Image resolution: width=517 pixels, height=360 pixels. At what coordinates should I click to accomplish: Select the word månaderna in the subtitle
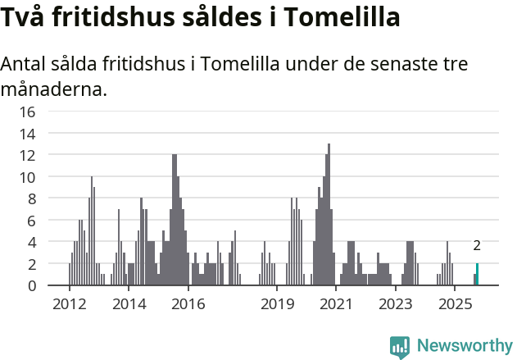tap(54, 89)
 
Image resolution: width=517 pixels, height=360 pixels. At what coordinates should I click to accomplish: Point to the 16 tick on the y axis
tap(27, 112)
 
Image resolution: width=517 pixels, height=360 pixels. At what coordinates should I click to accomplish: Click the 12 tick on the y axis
tap(27, 155)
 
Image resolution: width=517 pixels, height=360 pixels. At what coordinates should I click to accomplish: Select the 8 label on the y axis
tap(31, 198)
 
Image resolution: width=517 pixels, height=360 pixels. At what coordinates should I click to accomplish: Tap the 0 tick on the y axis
tap(31, 285)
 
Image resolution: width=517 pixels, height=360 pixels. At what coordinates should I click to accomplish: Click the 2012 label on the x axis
tap(70, 304)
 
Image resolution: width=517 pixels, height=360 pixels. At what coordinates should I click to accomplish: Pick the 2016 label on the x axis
tap(188, 304)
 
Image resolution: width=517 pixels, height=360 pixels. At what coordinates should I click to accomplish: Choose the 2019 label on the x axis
tap(277, 304)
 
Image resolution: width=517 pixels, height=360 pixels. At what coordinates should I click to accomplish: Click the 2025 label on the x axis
tap(454, 304)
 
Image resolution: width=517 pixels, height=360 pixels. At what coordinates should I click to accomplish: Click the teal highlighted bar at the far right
tap(478, 275)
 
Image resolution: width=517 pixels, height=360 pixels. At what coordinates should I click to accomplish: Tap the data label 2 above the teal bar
tap(477, 246)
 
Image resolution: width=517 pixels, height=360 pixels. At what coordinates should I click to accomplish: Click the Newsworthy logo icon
tap(400, 346)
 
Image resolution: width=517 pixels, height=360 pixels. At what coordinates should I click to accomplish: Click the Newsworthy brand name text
tap(464, 346)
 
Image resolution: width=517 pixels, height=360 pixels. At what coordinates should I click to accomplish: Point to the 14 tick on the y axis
tap(27, 134)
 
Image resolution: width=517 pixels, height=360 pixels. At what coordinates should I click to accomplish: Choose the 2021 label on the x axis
tap(336, 304)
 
